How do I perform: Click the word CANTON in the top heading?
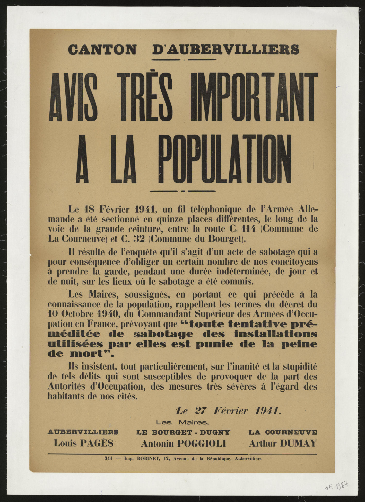[x=102, y=50]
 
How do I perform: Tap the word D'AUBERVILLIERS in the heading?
[x=225, y=50]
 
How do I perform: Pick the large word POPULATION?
[x=225, y=159]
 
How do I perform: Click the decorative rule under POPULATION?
[x=182, y=191]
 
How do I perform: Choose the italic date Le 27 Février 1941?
[x=228, y=411]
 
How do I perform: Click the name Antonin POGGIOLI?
[x=183, y=443]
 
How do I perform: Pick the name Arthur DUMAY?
[x=282, y=443]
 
